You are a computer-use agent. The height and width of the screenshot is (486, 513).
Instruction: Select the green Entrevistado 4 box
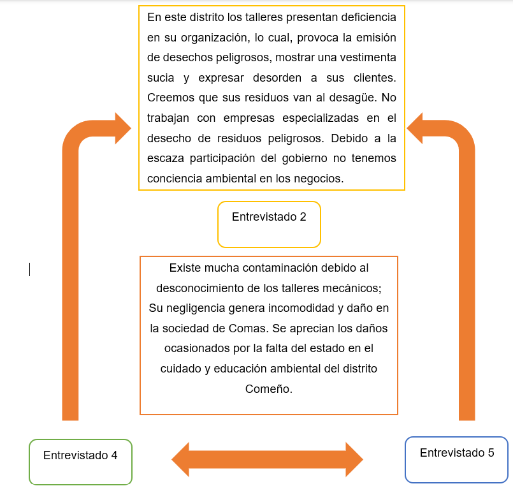click(x=80, y=461)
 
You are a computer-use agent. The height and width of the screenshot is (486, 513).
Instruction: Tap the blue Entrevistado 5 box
click(x=456, y=459)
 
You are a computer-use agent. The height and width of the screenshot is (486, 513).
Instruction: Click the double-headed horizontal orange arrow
click(x=267, y=459)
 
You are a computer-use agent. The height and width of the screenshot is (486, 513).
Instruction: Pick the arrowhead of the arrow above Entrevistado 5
click(x=417, y=129)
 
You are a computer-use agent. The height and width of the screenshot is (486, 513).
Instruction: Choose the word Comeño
click(x=268, y=389)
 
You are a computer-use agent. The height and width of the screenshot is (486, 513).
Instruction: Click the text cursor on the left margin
click(x=29, y=270)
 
